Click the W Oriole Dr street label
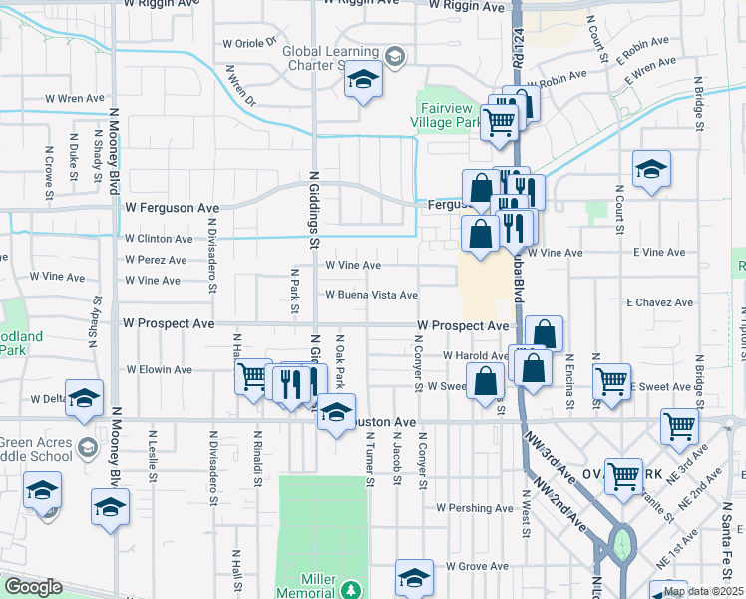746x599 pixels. pos(249,44)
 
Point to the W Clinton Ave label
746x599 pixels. pos(159,239)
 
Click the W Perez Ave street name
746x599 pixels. pos(156,260)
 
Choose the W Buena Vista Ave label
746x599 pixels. pos(371,295)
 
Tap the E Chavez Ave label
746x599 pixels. pos(659,302)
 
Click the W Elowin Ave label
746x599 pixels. pos(159,368)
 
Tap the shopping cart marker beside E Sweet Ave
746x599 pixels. pos(611,380)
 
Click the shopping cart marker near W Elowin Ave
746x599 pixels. pos(253,376)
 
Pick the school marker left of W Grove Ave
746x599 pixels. pos(415,576)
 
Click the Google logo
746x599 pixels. pos(33,588)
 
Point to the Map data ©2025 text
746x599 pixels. pos(703,591)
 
